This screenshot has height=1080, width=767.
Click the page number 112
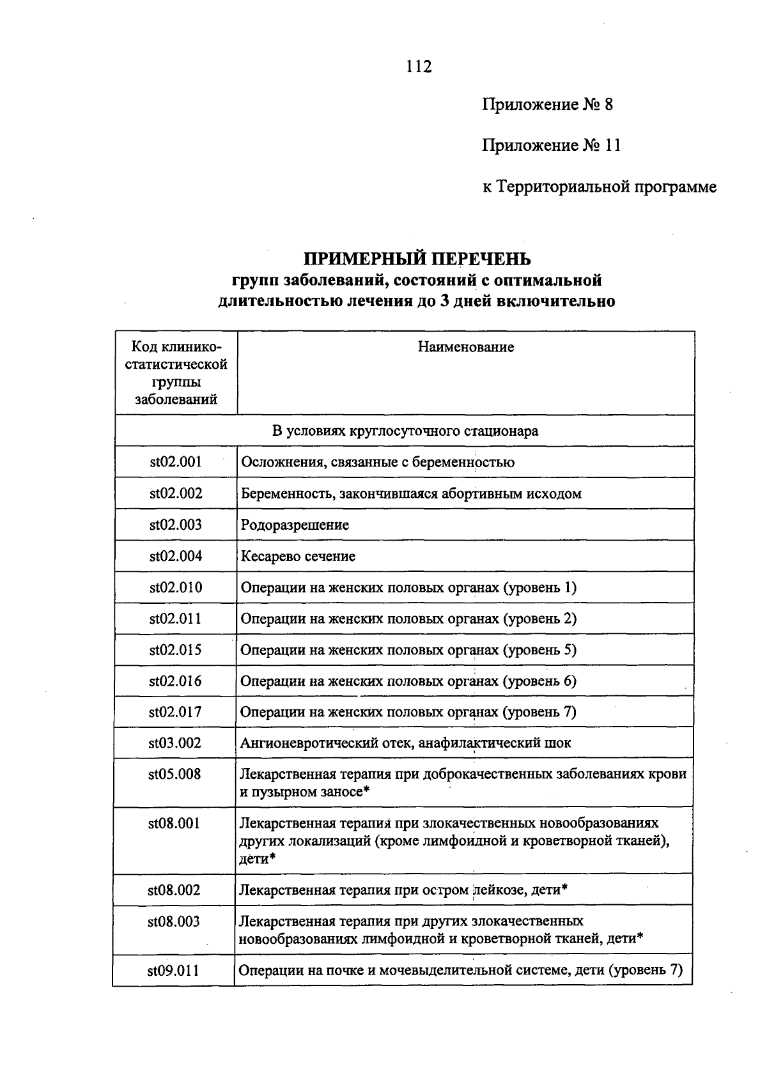419,66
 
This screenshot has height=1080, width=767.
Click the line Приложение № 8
547,105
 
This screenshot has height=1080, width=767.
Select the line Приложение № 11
551,146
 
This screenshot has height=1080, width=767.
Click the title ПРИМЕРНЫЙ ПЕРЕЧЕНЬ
417,259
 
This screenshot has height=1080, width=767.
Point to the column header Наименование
466,348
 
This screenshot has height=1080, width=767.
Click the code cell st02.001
176,462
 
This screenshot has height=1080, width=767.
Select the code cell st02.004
176,556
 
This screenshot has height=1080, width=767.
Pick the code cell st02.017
175,712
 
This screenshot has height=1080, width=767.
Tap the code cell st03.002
175,743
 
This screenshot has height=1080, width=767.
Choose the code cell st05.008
174,775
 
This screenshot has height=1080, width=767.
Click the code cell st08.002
174,890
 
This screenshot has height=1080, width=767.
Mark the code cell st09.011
173,971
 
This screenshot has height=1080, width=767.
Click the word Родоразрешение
295,525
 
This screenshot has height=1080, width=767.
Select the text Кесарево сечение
298,557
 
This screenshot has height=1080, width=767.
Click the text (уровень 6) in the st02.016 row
539,681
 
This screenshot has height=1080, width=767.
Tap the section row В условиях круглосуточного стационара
405,431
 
